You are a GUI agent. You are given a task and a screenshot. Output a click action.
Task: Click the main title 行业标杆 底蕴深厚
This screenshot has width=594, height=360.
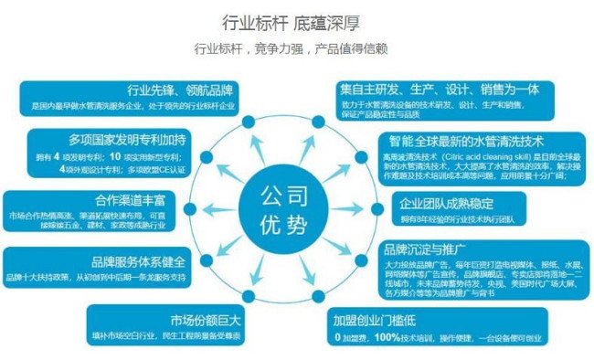296,21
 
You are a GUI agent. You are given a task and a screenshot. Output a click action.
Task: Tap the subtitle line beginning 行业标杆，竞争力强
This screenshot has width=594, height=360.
296,48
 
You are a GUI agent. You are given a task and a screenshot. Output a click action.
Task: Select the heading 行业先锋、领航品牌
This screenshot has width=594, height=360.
180,90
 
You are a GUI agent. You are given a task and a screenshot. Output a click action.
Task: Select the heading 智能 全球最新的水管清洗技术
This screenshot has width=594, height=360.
466,142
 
